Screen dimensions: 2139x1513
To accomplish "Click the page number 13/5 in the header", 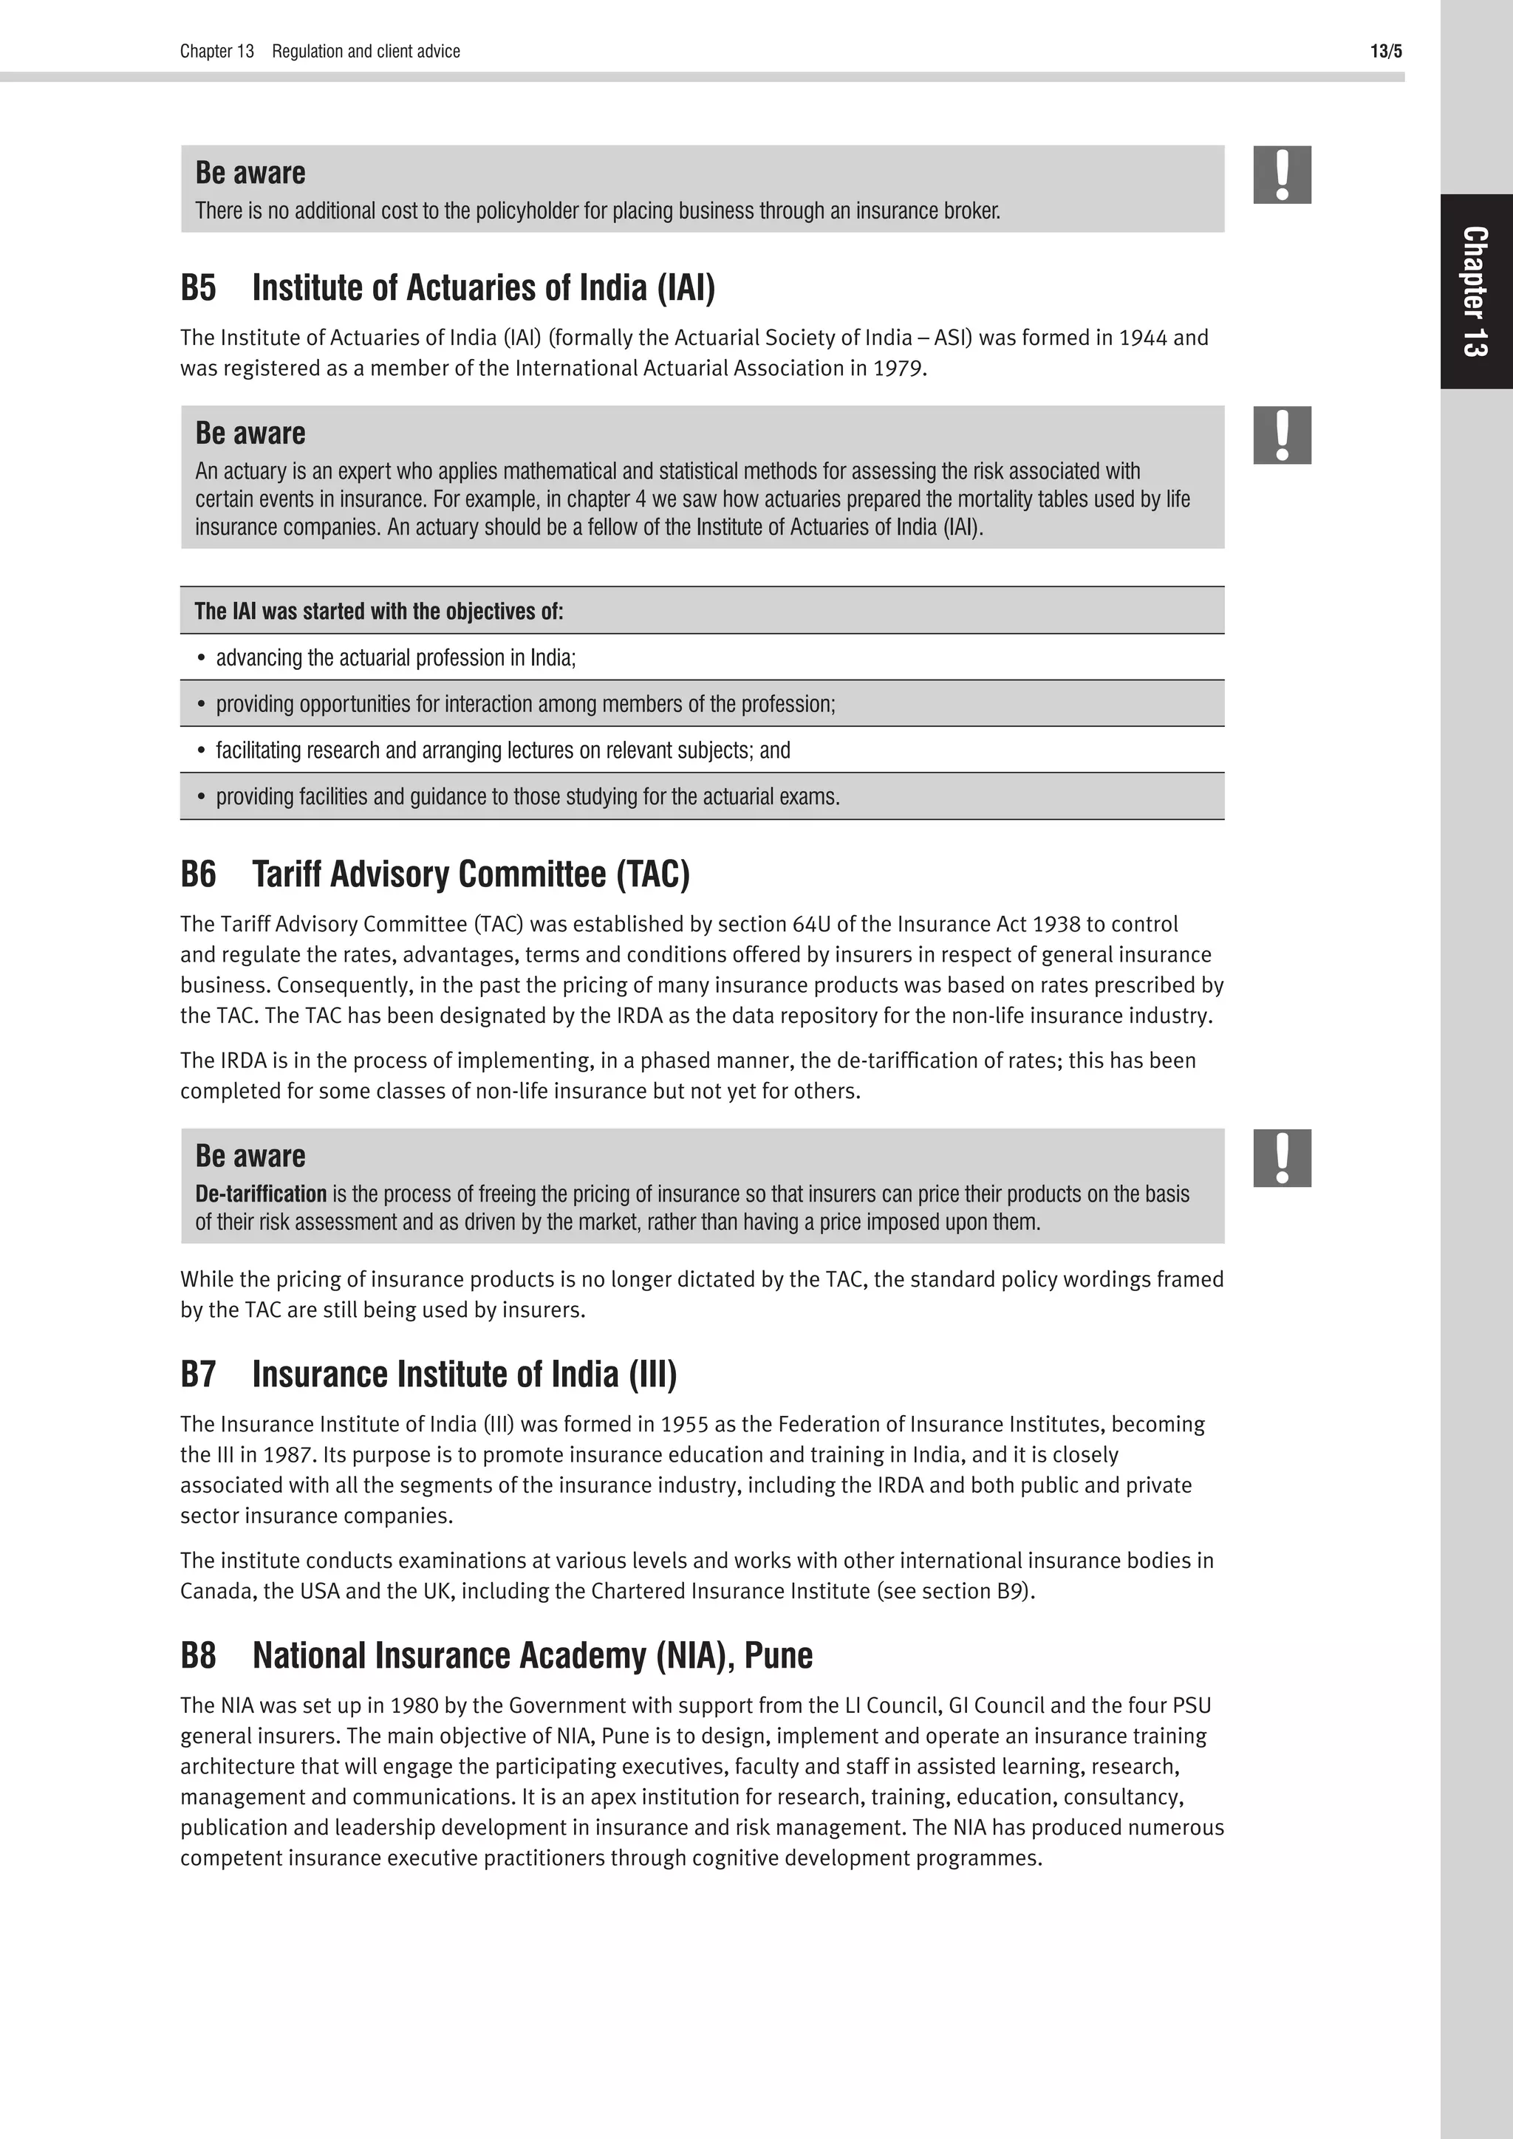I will point(1385,51).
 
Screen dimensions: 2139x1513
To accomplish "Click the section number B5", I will point(197,288).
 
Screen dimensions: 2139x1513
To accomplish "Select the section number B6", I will point(197,874).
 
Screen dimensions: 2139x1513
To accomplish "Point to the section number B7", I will point(197,1374).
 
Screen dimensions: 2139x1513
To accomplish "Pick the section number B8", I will point(197,1655).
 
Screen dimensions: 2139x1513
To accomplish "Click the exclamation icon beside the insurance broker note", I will point(1282,175).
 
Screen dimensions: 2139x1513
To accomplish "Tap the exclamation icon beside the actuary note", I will point(1282,435).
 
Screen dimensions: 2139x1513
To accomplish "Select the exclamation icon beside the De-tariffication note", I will point(1282,1158).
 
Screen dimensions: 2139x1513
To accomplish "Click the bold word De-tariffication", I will point(261,1194).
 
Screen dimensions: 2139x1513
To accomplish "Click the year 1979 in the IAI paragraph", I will point(898,369).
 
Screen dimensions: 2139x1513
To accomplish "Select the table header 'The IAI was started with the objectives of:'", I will point(378,611).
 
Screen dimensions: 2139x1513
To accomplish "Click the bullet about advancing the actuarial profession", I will point(396,657).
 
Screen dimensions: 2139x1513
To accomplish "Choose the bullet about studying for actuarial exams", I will point(527,798).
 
